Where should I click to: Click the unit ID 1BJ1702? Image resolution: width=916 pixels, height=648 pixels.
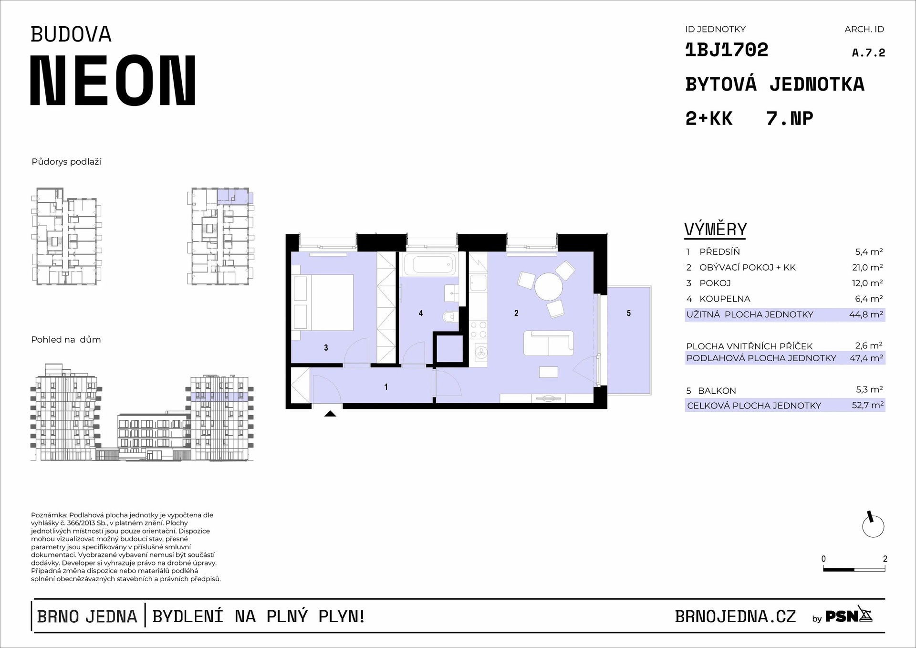[x=727, y=50]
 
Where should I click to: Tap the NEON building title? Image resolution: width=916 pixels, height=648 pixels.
[x=113, y=80]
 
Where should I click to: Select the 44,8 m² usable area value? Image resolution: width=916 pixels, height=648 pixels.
[x=866, y=314]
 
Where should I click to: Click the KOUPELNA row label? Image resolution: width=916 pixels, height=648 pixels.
[x=725, y=299]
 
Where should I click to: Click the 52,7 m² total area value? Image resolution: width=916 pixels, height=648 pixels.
[x=868, y=405]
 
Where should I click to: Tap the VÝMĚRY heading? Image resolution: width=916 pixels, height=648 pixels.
[x=716, y=230]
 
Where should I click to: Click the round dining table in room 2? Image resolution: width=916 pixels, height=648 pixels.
[x=549, y=286]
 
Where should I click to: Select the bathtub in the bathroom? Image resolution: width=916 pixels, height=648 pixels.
[x=428, y=264]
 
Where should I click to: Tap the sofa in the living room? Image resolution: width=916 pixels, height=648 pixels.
[x=549, y=343]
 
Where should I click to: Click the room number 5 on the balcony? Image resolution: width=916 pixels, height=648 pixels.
[x=628, y=314]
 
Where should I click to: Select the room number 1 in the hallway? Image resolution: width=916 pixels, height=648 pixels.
[x=386, y=387]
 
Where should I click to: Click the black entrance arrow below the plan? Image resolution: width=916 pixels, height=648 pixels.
[x=330, y=413]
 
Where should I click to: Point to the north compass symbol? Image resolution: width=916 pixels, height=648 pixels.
[x=873, y=525]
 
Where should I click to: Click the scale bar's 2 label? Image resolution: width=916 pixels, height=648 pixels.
[x=885, y=559]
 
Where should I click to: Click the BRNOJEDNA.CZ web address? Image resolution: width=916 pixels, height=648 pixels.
[x=735, y=617]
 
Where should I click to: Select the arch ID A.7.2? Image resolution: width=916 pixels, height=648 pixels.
[x=868, y=53]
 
